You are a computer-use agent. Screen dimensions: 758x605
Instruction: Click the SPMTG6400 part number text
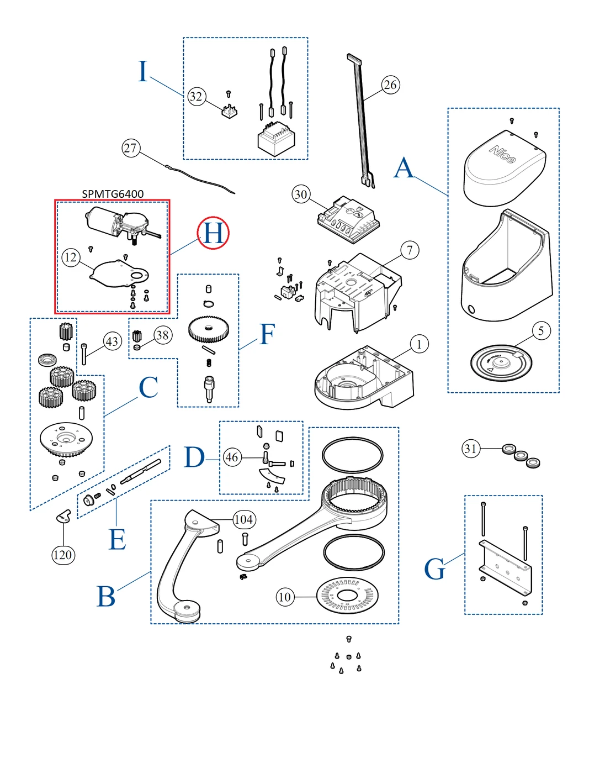113,194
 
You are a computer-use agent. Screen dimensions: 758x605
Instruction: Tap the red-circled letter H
214,233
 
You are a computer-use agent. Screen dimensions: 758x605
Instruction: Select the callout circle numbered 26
390,85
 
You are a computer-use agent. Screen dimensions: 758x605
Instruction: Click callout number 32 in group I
196,97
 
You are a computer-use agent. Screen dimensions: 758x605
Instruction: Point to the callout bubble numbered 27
131,148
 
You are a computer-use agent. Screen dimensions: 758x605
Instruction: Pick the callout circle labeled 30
301,194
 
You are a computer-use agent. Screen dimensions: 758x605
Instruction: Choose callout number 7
410,250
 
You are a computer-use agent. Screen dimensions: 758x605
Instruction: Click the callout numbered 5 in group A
541,331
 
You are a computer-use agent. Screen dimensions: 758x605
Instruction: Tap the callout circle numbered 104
243,519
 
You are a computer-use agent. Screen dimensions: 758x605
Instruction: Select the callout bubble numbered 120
63,555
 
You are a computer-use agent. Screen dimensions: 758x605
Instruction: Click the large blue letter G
434,569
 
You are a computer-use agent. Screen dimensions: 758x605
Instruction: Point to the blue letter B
106,597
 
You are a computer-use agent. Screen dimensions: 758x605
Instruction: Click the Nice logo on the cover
502,154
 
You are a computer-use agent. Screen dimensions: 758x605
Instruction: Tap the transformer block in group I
276,138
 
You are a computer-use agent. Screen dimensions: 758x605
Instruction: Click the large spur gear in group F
209,328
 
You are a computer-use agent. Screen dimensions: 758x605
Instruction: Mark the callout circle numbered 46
232,457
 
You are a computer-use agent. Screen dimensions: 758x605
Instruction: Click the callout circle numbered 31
470,449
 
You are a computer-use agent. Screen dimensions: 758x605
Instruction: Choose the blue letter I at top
143,72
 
